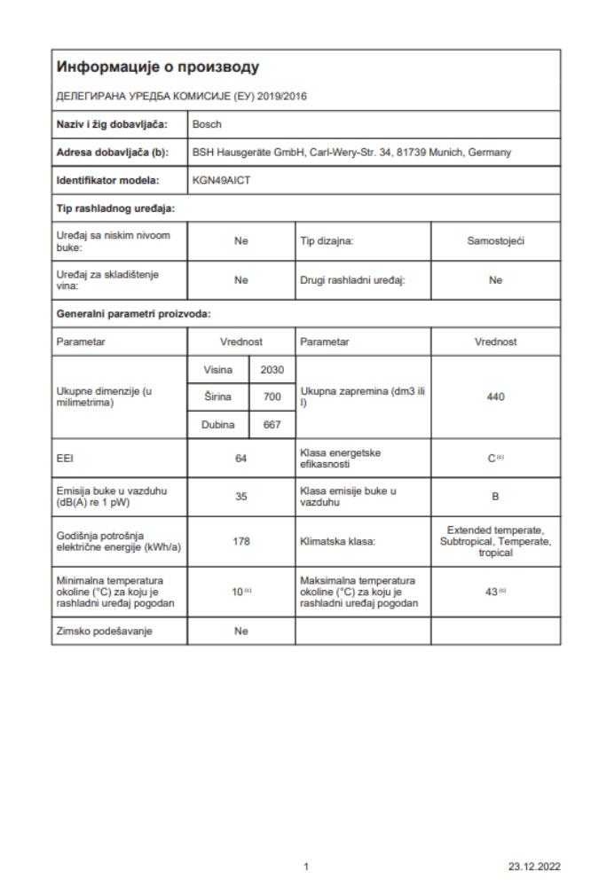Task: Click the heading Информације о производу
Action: [x=158, y=67]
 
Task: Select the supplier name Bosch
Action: [x=207, y=124]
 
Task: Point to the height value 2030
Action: [x=272, y=368]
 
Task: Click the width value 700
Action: [x=272, y=396]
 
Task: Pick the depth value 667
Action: [x=272, y=425]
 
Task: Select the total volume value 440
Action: [x=495, y=396]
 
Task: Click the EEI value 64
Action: [x=240, y=458]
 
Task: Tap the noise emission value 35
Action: [x=240, y=496]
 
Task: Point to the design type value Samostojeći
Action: [x=495, y=239]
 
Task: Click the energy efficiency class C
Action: [x=493, y=458]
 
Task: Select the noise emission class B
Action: [x=495, y=496]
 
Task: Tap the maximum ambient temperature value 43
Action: [x=493, y=586]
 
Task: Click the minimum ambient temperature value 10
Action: [x=239, y=586]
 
